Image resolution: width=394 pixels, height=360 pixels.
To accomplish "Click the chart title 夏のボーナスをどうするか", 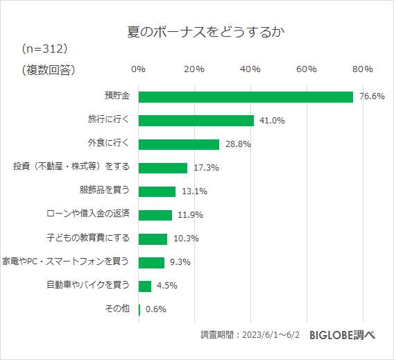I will coord(196,33).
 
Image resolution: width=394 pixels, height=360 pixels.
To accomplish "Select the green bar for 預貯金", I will coord(246,96).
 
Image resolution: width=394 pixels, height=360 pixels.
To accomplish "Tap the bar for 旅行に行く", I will coord(196,120).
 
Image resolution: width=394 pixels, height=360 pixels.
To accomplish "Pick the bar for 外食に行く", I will coord(179,144).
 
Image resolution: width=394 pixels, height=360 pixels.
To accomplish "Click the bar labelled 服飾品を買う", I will coord(157,191).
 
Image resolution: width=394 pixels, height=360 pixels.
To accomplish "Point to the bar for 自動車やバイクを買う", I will coord(145,286).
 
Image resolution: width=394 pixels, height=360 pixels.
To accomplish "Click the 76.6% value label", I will coord(372,96).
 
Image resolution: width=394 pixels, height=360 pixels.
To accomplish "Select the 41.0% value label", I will coord(272,120).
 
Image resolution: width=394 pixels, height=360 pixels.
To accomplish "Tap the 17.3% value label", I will coord(205,168).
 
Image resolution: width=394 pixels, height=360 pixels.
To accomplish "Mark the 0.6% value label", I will coord(156,309).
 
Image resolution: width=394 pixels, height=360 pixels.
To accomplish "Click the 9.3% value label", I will coord(180,262).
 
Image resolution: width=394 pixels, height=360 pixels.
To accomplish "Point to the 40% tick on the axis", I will coord(250,69).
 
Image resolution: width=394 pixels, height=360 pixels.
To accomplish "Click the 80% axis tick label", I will coord(363,69).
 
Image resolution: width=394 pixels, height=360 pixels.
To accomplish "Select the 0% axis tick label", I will coord(138,69).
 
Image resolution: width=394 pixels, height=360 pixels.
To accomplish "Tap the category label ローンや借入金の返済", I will coord(87,214).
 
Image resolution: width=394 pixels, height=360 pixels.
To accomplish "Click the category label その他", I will coord(117,309).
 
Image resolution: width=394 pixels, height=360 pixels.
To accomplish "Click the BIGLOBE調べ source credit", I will coord(342,334).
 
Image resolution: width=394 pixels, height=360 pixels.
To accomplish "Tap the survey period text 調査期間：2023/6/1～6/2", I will coord(249,335).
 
